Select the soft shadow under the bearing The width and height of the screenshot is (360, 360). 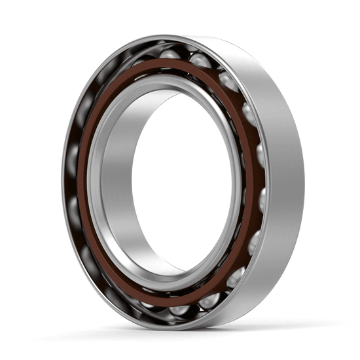[x=196, y=331]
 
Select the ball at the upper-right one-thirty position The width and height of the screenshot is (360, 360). [x=228, y=81]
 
